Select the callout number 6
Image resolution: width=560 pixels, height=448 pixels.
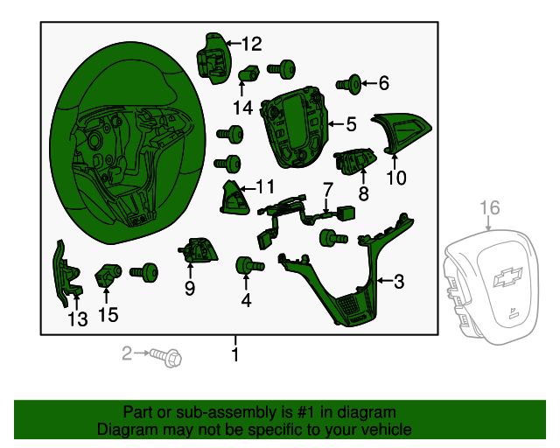tap(382, 84)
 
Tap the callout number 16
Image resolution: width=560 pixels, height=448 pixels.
tap(490, 207)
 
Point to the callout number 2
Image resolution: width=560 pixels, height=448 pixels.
tap(127, 353)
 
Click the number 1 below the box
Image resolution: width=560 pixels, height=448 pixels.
tap(234, 353)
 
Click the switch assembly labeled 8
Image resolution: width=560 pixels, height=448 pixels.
tap(356, 161)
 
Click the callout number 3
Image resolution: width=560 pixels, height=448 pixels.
tap(398, 281)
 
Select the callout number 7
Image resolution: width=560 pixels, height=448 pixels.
tap(327, 189)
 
